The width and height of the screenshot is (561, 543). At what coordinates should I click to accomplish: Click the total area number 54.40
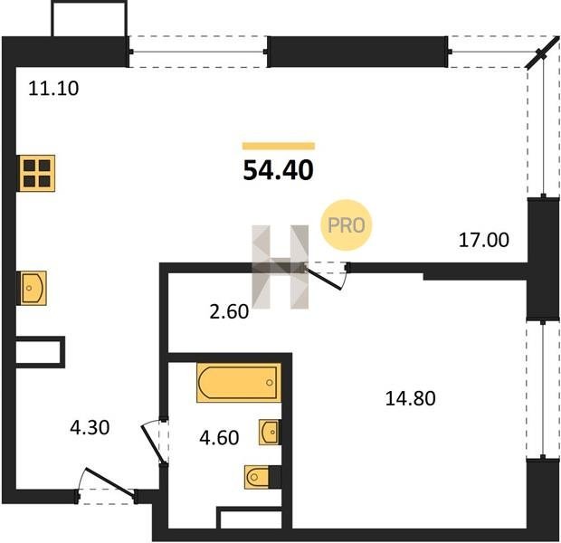coord(278,170)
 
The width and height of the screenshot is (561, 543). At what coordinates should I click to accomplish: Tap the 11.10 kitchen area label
coord(53,88)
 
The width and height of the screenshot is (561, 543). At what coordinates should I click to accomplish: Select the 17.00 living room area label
coord(484,240)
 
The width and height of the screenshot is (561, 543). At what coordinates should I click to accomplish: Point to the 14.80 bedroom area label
coord(411,398)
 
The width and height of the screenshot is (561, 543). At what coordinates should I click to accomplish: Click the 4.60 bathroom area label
coord(219,437)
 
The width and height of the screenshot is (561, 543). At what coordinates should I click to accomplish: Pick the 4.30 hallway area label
coord(90,427)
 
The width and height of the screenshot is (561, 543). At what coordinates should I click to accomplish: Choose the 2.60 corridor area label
coord(229,311)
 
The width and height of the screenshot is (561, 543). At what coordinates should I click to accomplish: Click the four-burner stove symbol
coord(36,173)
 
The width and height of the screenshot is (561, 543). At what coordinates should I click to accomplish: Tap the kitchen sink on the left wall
coord(32,288)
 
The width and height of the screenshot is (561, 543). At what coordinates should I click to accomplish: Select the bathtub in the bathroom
coord(239,382)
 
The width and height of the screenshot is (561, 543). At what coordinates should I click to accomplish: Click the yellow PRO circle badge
coord(346,224)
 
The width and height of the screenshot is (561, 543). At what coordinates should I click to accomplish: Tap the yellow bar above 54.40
coord(279,146)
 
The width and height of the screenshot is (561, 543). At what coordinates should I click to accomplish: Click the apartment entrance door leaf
coord(110,482)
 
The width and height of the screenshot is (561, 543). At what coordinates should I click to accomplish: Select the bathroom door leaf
coord(154,444)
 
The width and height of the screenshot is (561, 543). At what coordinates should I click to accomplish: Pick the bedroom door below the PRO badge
coord(324,278)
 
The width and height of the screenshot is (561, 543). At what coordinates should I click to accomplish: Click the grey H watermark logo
coord(280,267)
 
